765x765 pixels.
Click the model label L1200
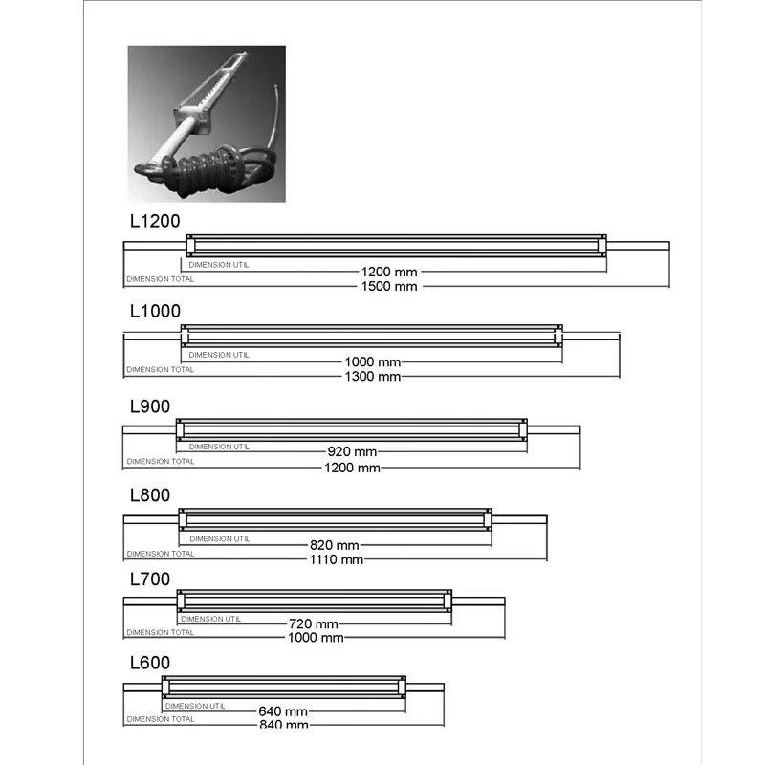pos(154,220)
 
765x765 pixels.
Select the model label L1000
pos(154,311)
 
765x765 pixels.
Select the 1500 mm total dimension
pos(390,286)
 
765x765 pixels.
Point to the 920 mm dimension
pos(352,451)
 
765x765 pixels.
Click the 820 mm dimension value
pos(334,545)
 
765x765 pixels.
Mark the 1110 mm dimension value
pos(337,559)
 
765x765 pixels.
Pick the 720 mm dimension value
pos(314,623)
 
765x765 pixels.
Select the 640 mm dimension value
pos(283,711)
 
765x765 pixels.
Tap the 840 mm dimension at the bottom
pos(283,725)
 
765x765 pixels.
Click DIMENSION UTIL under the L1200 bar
pos(219,264)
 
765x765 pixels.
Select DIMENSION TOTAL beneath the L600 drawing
pos(160,719)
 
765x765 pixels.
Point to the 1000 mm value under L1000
pos(373,362)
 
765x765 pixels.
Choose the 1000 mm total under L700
pos(317,637)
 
